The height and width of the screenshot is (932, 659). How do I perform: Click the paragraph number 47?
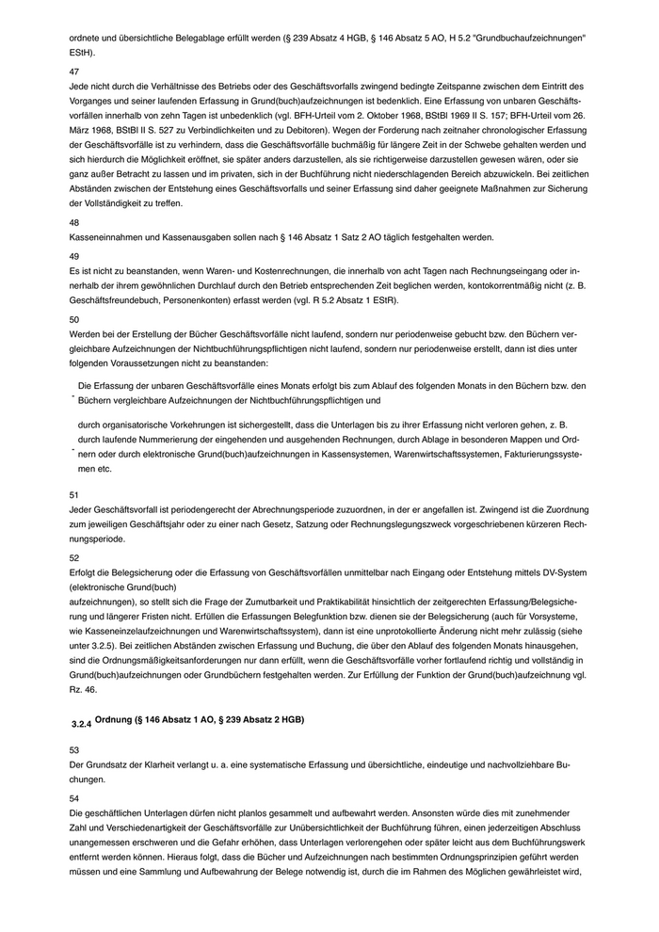(75, 71)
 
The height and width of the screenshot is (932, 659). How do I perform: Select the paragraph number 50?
(75, 318)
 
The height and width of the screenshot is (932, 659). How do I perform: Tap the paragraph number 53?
(75, 749)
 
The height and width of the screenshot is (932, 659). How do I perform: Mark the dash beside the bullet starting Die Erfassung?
(72, 398)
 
